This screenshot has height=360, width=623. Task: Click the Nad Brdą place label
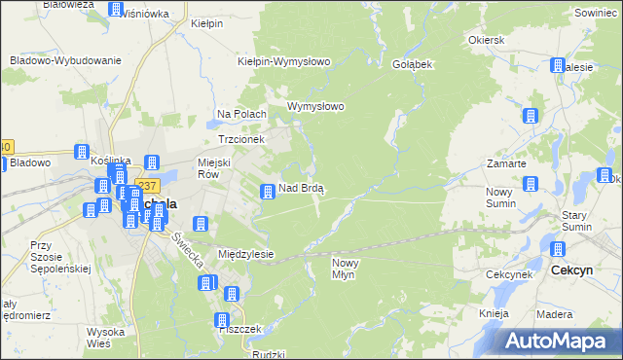coord(302,188)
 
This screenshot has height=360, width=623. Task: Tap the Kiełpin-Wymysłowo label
coord(284,61)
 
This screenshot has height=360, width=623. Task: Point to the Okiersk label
coord(486,40)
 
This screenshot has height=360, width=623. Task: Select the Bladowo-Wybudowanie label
coord(65,59)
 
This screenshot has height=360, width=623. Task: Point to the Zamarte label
coord(506,163)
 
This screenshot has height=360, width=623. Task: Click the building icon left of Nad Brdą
coord(266,192)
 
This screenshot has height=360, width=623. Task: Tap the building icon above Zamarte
coord(531,117)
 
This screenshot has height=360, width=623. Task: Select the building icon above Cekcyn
coord(559,250)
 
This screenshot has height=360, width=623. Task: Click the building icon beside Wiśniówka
coord(116,10)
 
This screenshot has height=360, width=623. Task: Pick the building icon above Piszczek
coord(223,319)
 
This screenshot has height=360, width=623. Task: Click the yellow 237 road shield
coord(147,186)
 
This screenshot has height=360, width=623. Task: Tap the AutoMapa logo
coord(562,341)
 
